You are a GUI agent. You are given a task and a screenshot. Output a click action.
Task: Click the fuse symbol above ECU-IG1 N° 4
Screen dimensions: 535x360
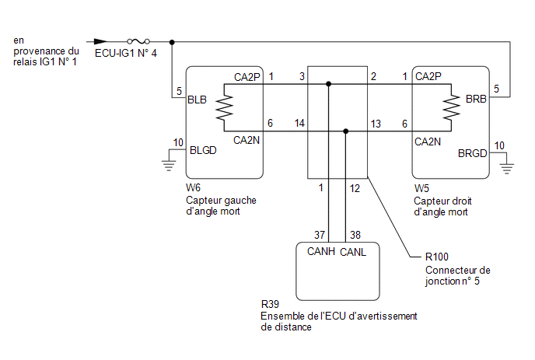[138, 42]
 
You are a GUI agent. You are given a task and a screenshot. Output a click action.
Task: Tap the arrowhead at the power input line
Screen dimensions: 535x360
[100, 42]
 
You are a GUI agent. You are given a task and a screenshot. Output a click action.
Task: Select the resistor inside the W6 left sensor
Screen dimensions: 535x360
[224, 107]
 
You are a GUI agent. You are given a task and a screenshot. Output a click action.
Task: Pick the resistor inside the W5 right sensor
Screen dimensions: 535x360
[451, 107]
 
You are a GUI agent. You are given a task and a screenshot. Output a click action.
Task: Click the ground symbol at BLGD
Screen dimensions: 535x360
[169, 165]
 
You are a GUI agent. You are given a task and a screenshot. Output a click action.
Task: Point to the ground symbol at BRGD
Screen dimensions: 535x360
[507, 168]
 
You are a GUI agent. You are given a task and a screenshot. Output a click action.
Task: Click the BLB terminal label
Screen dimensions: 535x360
[198, 100]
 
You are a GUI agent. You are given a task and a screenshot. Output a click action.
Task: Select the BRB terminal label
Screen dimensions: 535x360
[476, 99]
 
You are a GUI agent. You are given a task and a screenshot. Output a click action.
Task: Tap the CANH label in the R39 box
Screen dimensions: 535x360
[320, 251]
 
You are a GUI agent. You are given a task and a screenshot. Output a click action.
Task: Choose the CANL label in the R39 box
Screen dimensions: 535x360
[353, 252]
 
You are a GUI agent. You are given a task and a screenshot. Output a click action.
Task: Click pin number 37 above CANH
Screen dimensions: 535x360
[320, 235]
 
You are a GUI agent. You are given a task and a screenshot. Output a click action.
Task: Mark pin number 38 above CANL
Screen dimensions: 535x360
[355, 235]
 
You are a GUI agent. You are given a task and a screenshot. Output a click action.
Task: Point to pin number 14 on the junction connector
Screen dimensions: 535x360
[299, 123]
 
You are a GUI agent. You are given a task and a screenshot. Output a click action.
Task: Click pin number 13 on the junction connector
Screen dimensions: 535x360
[376, 124]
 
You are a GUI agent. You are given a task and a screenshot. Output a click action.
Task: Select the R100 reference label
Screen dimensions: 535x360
[437, 257]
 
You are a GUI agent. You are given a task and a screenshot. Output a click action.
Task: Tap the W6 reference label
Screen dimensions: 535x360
[193, 187]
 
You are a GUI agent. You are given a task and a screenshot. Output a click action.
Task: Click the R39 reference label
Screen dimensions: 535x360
[270, 304]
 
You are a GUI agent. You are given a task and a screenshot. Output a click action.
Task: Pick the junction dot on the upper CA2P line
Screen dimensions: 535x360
[328, 84]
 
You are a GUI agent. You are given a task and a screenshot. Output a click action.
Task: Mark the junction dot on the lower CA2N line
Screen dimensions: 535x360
[345, 131]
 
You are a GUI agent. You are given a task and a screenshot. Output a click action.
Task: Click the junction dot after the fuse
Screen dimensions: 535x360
[172, 42]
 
